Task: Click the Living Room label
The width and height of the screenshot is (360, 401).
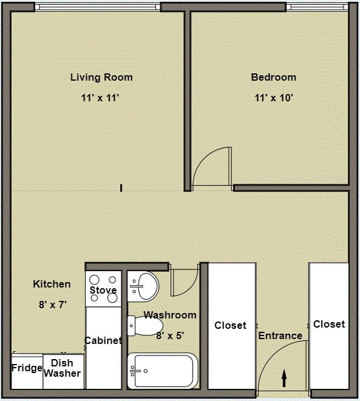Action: pyautogui.click(x=101, y=78)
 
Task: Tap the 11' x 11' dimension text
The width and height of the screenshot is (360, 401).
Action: pyautogui.click(x=101, y=98)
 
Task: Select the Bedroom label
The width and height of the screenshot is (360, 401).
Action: pyautogui.click(x=274, y=78)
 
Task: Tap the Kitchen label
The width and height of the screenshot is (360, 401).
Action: pyautogui.click(x=52, y=284)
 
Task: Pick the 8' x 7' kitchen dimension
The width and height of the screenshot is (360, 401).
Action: pyautogui.click(x=52, y=305)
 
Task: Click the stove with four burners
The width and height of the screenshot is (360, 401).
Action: pyautogui.click(x=103, y=285)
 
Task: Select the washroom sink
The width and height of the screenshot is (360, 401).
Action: pyautogui.click(x=143, y=286)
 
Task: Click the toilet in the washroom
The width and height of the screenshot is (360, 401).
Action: pyautogui.click(x=145, y=326)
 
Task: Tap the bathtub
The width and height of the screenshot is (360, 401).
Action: pyautogui.click(x=163, y=371)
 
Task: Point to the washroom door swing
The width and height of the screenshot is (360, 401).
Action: pyautogui.click(x=183, y=280)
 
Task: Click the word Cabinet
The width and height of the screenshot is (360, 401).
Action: pyautogui.click(x=103, y=341)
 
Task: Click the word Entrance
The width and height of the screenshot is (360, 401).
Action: pyautogui.click(x=280, y=335)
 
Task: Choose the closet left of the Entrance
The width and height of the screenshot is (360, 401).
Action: pyautogui.click(x=231, y=326)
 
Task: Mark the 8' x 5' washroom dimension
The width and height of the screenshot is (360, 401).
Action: pyautogui.click(x=170, y=335)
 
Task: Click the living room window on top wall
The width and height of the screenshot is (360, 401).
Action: pyautogui.click(x=97, y=7)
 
